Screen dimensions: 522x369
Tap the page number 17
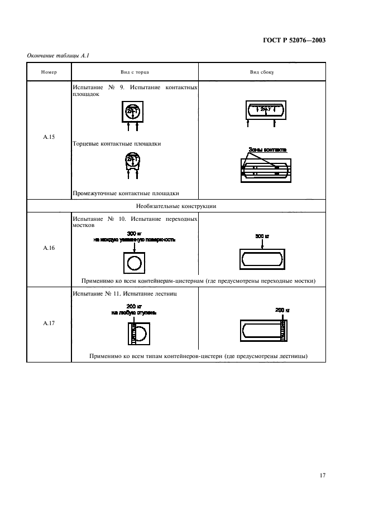coord(322,475)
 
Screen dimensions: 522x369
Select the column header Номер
coord(49,72)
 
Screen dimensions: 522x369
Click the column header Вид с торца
coord(135,72)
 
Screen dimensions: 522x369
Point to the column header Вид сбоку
coord(261,72)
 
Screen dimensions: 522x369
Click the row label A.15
coord(49,137)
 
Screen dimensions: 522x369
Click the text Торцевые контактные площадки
coord(117,143)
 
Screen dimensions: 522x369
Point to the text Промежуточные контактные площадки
coord(126,194)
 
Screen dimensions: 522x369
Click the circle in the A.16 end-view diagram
coord(134,262)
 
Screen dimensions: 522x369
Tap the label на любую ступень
coord(134,313)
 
